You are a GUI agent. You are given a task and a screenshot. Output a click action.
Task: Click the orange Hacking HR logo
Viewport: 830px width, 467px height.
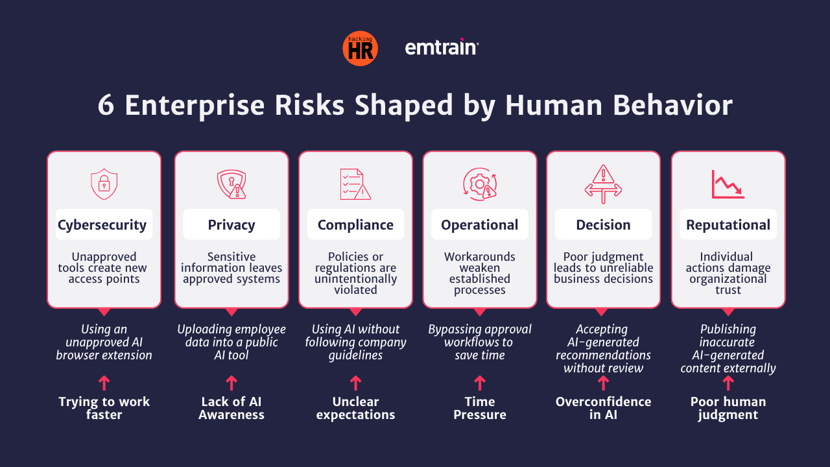pos(360,49)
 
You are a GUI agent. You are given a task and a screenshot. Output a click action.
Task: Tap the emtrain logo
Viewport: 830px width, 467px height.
pos(442,47)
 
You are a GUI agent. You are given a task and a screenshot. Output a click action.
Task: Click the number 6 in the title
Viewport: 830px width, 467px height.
pos(106,105)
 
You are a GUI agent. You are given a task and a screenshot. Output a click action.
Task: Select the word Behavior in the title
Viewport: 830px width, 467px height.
pos(672,105)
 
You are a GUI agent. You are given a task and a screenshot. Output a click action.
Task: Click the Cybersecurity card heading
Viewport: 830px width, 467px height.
pos(102,225)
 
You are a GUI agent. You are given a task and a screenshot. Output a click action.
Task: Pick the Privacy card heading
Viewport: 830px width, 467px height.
pos(231,225)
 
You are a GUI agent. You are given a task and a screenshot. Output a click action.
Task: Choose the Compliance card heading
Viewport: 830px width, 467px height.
pos(356,225)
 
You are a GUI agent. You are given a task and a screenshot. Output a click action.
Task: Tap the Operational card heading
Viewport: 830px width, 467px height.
pos(479,225)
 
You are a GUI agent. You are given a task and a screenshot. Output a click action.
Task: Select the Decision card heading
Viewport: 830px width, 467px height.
pos(603,225)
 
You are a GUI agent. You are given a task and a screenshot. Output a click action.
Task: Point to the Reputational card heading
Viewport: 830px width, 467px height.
pos(728,225)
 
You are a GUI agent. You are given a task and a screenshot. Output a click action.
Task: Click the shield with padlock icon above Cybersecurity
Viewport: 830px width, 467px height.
pos(104,184)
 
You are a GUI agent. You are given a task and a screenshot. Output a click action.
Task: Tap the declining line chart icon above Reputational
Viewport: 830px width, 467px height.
pos(728,184)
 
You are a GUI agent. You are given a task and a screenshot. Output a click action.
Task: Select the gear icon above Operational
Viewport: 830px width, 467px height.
pos(480,184)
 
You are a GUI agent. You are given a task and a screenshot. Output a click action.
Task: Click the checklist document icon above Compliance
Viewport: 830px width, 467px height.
pos(356,184)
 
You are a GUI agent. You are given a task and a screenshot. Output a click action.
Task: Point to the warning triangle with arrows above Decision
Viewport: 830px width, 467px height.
pos(603,184)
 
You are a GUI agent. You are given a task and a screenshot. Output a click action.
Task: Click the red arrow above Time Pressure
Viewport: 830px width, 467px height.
pos(480,383)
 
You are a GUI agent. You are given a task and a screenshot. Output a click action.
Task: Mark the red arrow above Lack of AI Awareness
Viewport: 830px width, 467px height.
pos(231,383)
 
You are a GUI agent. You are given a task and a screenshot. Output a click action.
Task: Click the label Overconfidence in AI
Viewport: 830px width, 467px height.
pos(603,408)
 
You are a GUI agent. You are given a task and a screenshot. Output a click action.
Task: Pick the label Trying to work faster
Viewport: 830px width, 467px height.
pos(104,408)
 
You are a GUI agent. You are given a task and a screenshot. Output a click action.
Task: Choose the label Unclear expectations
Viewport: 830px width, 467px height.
pos(356,408)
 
